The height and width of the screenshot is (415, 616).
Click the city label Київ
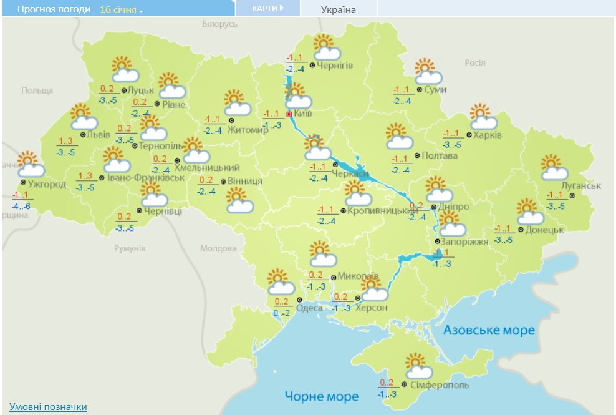303,114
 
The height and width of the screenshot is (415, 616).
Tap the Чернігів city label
335,66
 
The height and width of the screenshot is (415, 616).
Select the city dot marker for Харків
469,134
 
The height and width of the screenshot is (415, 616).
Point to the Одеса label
309,308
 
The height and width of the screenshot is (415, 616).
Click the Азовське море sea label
489,330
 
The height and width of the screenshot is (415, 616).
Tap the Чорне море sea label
322,396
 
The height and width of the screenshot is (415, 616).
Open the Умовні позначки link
48,407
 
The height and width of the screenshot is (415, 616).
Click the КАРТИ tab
267,8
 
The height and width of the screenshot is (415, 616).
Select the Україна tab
339,10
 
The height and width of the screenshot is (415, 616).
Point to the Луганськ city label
580,186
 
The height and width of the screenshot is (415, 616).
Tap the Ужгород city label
47,184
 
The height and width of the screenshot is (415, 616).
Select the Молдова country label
218,248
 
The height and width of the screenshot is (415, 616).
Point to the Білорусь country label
220,24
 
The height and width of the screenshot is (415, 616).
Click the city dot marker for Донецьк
521,230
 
